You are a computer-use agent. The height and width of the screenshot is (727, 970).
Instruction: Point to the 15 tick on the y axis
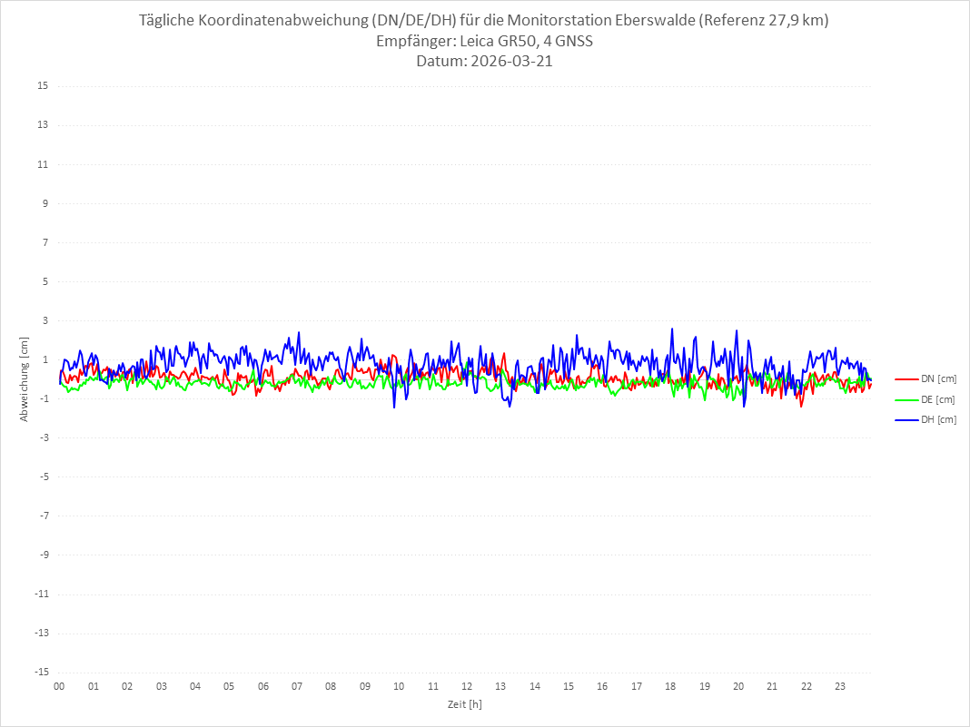[x=43, y=86]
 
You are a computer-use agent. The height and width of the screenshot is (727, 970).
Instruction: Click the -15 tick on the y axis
[x=41, y=672]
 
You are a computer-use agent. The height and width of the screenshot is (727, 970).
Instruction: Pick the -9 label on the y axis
[x=43, y=555]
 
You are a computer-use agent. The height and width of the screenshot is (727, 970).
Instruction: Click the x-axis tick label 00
[x=59, y=686]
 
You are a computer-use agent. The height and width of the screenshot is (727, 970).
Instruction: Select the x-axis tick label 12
[x=467, y=686]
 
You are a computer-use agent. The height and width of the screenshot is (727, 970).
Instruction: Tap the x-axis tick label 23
[x=840, y=686]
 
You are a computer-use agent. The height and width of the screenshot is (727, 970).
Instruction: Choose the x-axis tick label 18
[x=670, y=686]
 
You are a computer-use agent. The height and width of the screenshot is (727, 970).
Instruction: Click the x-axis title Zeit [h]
[x=464, y=703]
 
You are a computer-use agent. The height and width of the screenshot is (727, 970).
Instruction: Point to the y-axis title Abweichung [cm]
[x=25, y=378]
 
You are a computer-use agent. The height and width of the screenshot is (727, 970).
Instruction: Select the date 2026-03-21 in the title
[x=510, y=62]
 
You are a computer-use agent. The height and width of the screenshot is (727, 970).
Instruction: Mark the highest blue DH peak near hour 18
[x=671, y=329]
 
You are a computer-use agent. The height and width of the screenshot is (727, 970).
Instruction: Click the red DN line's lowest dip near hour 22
[x=801, y=406]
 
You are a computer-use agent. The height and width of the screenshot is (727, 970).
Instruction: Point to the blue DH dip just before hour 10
[x=394, y=407]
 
